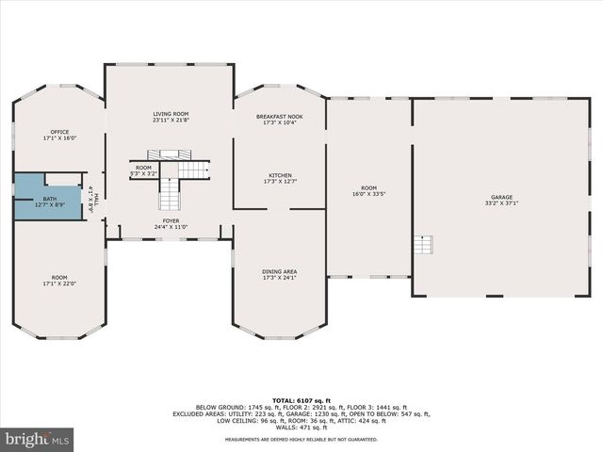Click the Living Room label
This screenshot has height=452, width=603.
[x=171, y=114]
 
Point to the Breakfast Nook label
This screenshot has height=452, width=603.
[x=280, y=117]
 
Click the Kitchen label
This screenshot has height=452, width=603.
[x=280, y=175]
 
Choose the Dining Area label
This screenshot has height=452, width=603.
[x=280, y=271]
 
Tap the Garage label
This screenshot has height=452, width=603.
[x=501, y=198]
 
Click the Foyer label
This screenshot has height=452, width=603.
[x=171, y=221]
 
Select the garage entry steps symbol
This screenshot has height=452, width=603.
[x=424, y=245]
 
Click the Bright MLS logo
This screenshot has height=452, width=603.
[x=37, y=438]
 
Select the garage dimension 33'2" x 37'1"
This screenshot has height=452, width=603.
[x=501, y=203]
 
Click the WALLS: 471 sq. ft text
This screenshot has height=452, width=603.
[x=301, y=427]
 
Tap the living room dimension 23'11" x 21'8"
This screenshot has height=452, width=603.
[x=171, y=120]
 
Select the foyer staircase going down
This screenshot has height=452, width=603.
[x=168, y=195]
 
